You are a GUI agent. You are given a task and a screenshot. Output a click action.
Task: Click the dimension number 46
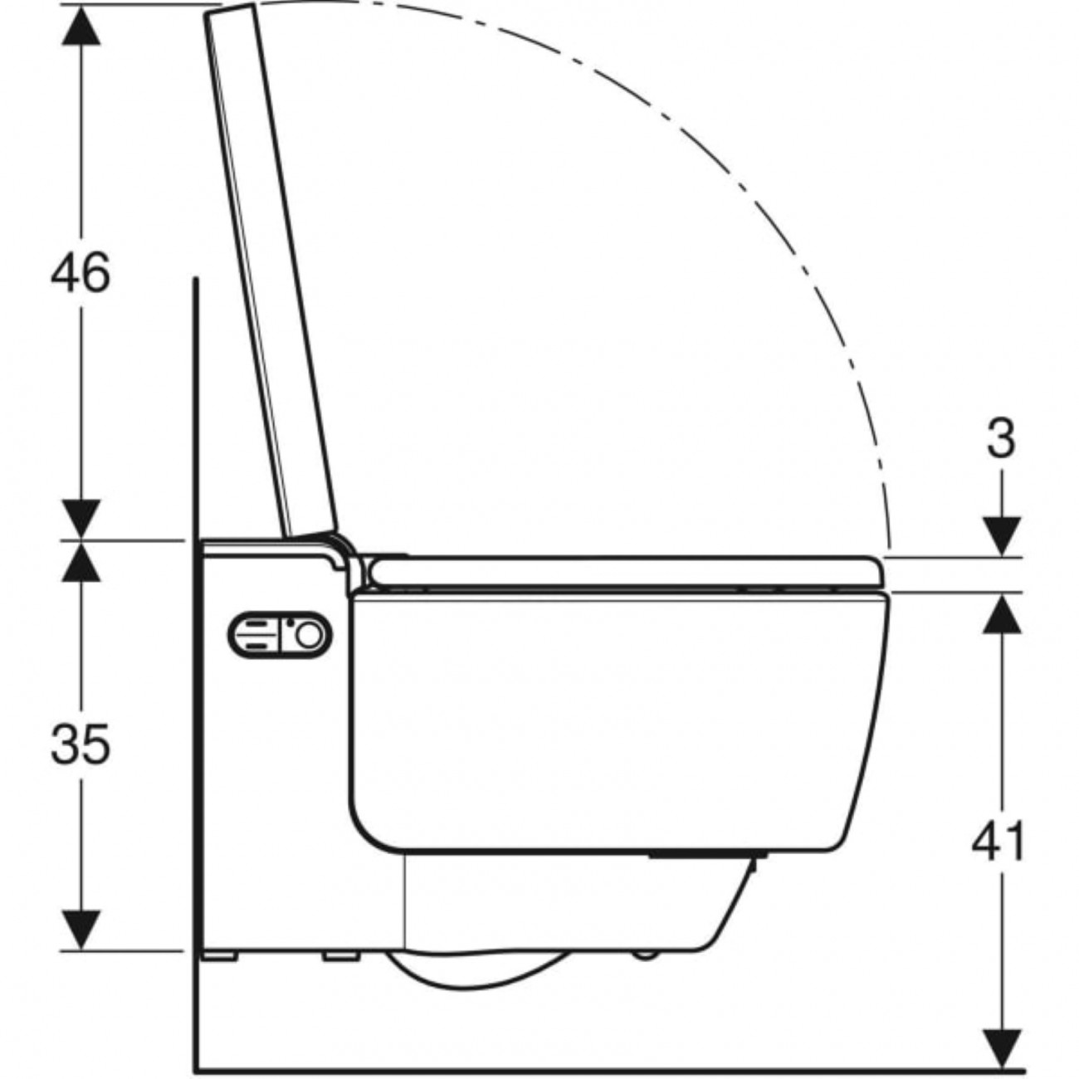[x=81, y=271]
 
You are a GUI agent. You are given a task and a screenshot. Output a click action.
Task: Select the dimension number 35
[x=81, y=744]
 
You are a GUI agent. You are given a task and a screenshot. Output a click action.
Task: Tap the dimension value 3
[x=1001, y=439]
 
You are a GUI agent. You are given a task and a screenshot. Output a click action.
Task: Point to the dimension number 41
[x=999, y=840]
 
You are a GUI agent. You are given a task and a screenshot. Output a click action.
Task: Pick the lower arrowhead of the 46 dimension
[x=81, y=520]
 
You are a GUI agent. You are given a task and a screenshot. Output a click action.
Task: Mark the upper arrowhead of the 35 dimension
[x=81, y=561]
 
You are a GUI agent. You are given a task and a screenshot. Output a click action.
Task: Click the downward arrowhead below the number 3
[x=1002, y=536]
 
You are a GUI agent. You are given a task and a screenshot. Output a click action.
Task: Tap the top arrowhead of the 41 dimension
[x=1002, y=613]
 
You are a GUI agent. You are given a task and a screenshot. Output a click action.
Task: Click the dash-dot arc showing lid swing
[x=730, y=166]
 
